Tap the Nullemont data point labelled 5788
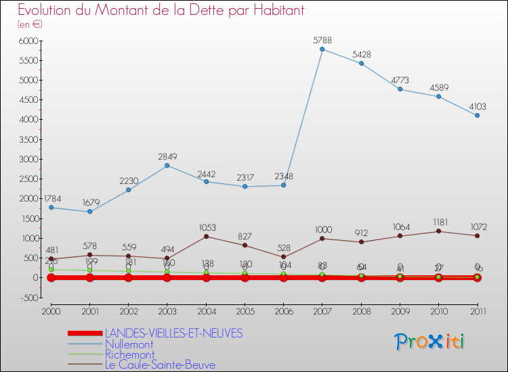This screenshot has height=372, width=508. pyautogui.click(x=322, y=49)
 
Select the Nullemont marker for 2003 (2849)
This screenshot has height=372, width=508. pyautogui.click(x=167, y=165)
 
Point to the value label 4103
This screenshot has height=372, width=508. pyautogui.click(x=477, y=106)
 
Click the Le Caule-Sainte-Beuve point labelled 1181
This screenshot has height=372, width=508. pyautogui.click(x=439, y=231)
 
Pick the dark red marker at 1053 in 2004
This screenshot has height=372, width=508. pyautogui.click(x=206, y=236)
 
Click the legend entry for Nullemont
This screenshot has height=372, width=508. pyautogui.click(x=129, y=344)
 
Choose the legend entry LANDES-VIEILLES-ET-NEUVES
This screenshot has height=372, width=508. pyautogui.click(x=173, y=333)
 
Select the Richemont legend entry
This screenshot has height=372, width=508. pyautogui.click(x=129, y=354)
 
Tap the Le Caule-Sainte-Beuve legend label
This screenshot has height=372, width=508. pyautogui.click(x=160, y=365)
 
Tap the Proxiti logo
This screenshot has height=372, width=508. pyautogui.click(x=430, y=342)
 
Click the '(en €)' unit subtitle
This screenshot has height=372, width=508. pyautogui.click(x=30, y=24)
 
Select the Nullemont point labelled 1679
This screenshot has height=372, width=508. pyautogui.click(x=89, y=212)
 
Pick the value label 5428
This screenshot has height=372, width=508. pyautogui.click(x=362, y=54)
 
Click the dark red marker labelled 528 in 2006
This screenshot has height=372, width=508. pyautogui.click(x=284, y=257)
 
